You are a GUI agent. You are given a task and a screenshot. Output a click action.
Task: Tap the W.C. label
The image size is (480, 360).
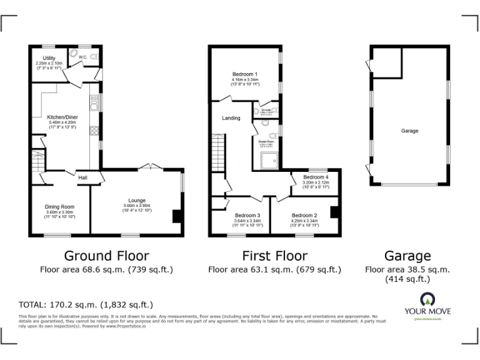click(x=82, y=57)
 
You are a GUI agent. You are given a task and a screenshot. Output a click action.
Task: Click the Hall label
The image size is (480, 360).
click(x=82, y=177)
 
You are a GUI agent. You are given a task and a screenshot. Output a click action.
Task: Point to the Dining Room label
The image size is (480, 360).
click(x=59, y=207)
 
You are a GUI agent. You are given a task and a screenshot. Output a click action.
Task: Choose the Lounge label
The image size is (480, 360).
click(x=136, y=201)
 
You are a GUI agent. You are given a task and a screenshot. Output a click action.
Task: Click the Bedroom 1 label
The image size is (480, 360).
click(x=245, y=74)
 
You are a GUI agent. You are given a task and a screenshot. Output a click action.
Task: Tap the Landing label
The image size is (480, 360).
click(x=231, y=117)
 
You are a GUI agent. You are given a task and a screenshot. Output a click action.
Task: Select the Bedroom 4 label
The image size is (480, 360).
click(x=315, y=177)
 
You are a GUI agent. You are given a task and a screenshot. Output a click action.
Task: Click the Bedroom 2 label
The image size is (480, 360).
click(x=304, y=215)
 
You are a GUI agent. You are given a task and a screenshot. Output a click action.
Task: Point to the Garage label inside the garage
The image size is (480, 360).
click(x=409, y=131)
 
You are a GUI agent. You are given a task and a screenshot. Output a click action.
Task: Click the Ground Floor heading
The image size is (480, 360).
click(x=107, y=256)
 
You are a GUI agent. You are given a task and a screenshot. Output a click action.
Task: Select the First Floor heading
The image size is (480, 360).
click(x=274, y=256)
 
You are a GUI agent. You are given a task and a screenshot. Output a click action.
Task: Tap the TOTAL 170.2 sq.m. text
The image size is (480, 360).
click(x=86, y=305)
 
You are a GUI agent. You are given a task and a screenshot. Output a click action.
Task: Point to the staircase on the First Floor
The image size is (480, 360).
click(x=217, y=149)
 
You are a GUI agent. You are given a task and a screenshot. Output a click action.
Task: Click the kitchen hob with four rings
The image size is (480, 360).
click(x=95, y=131)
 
